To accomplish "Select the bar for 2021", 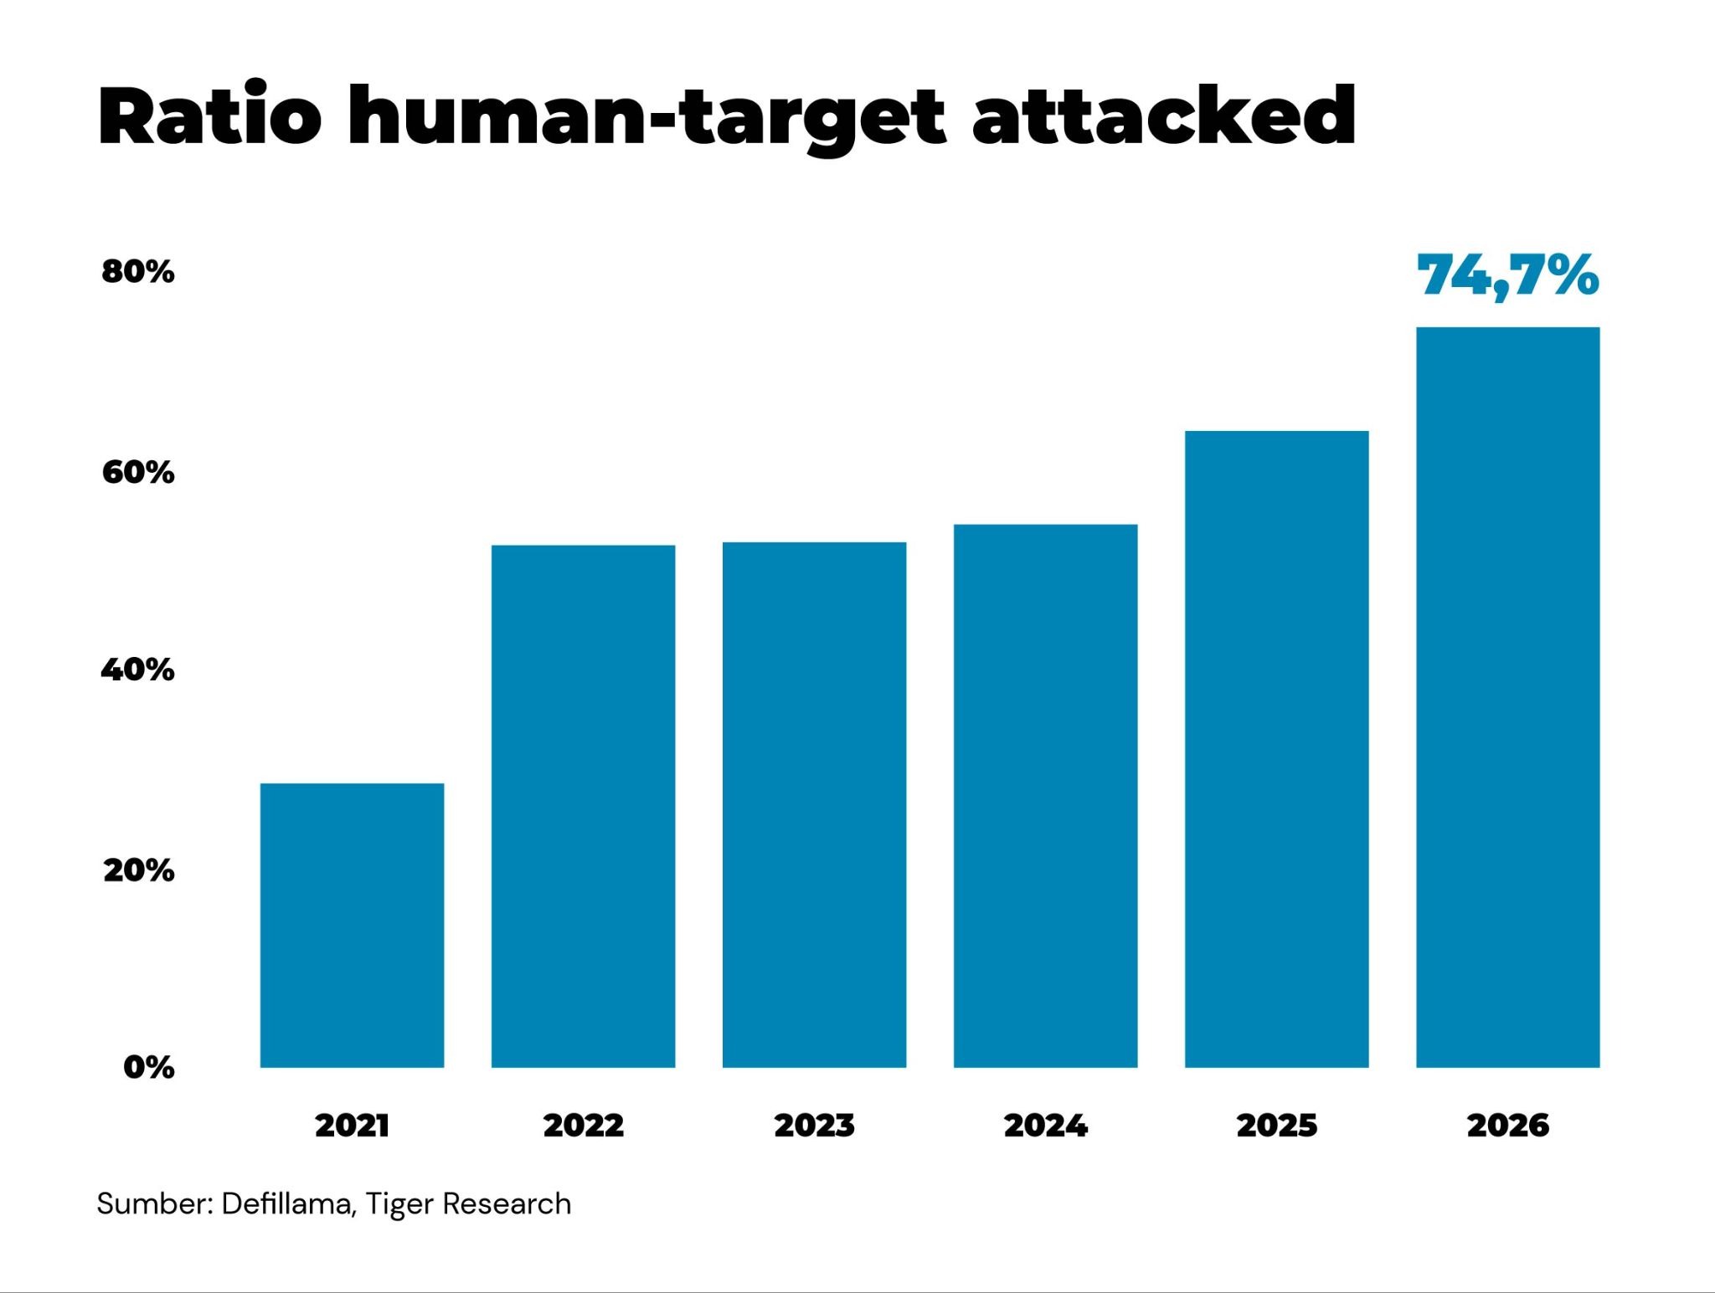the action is [x=352, y=925].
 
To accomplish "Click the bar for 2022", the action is [x=583, y=806].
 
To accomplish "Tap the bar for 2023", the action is [x=814, y=805].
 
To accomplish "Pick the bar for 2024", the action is [x=1045, y=796].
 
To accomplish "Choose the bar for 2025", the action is [x=1276, y=749].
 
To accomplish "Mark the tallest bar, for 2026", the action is [x=1507, y=697].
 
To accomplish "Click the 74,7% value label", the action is [x=1507, y=276].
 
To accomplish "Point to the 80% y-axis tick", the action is [x=138, y=272].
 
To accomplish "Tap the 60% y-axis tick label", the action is [x=138, y=473].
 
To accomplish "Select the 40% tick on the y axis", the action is [x=138, y=670].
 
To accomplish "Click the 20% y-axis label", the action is [x=139, y=870].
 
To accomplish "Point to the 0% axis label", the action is [x=149, y=1067].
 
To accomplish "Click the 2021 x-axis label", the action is [x=352, y=1126].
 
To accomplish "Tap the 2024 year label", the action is [x=1045, y=1126].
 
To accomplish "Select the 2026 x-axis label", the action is [x=1507, y=1126].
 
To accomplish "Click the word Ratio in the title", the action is [x=210, y=115].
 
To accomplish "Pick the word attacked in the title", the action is [x=1164, y=115].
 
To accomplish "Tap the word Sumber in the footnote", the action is [x=156, y=1203].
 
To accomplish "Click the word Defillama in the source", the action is [x=290, y=1204].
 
